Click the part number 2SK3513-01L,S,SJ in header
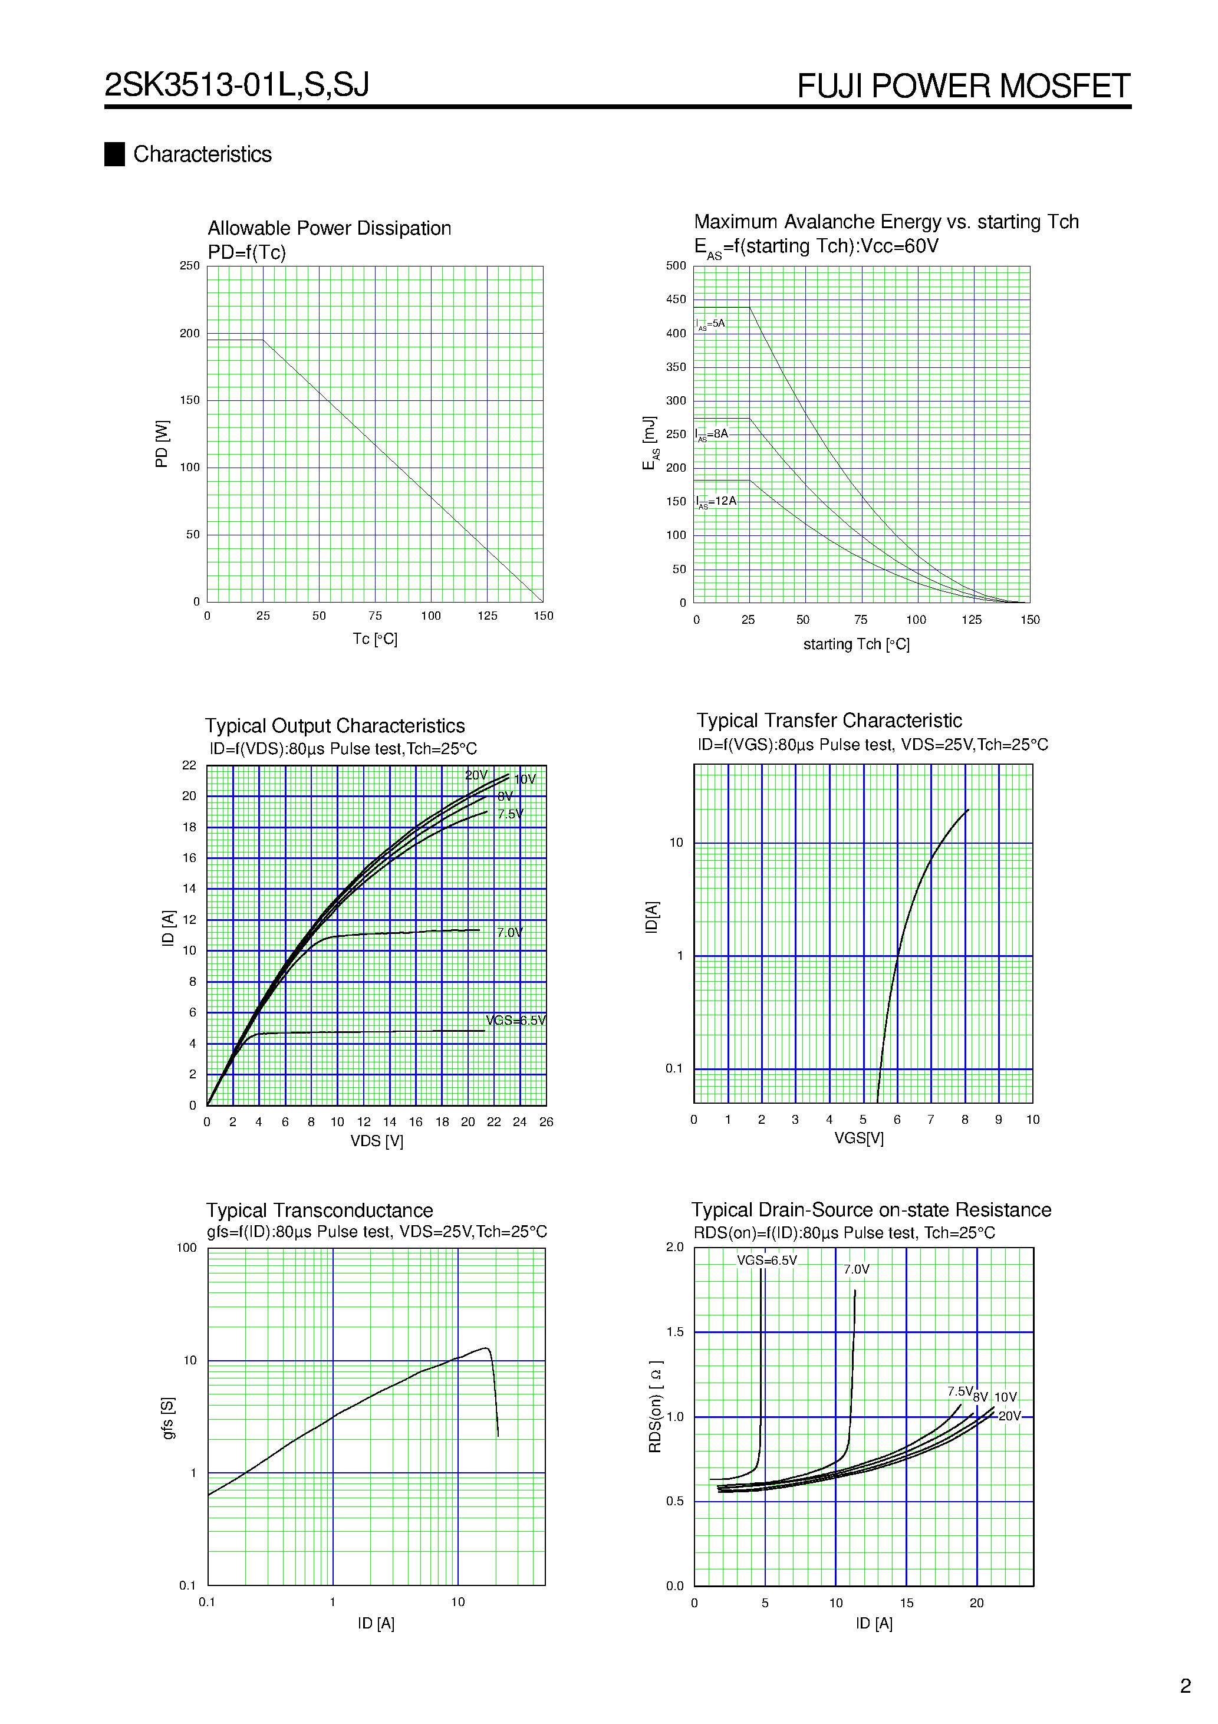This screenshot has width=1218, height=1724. pos(236,85)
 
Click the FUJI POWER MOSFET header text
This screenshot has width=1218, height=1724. pos(963,86)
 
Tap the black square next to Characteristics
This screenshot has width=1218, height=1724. pos(114,154)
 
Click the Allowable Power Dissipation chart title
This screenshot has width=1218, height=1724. pos(329,228)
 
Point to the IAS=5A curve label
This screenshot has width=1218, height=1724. pos(710,324)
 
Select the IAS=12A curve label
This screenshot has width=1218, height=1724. pos(716,502)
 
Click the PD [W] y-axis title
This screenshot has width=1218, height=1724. pos(162,444)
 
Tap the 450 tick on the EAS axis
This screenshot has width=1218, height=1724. pos(676,300)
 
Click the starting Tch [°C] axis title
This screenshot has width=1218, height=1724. pos(856,644)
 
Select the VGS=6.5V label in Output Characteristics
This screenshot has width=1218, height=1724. pos(515,1021)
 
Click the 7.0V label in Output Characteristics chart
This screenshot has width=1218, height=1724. pos(510,933)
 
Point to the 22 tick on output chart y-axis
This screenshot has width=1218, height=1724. pos(189,765)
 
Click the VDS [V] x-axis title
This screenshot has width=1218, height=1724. pos(376,1141)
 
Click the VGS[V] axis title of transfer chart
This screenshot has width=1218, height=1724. pos(858,1139)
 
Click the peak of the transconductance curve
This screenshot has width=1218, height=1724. pos(486,1348)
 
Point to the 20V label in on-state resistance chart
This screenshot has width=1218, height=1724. pos(1009,1416)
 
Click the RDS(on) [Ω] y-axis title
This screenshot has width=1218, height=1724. pos(655,1406)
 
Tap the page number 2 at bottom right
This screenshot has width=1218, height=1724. pos(1185,1686)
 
